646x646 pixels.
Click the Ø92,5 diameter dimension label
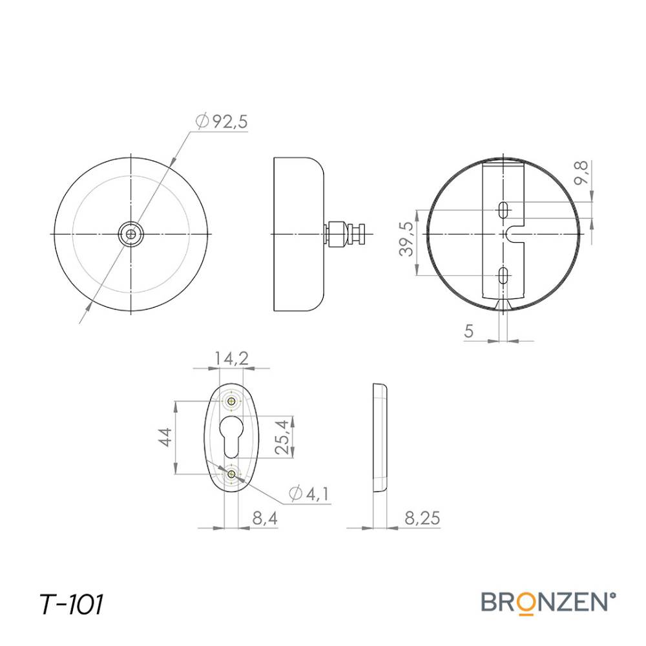[x=222, y=121]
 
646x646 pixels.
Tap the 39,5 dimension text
[x=407, y=238]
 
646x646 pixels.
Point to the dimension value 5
[x=469, y=331]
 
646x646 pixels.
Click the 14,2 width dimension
[x=231, y=359]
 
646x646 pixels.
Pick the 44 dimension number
[x=165, y=437]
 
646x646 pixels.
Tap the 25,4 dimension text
[x=283, y=437]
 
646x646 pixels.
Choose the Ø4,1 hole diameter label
[x=309, y=494]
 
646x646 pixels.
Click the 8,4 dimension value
[x=265, y=518]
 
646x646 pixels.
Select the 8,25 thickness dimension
[x=422, y=518]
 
